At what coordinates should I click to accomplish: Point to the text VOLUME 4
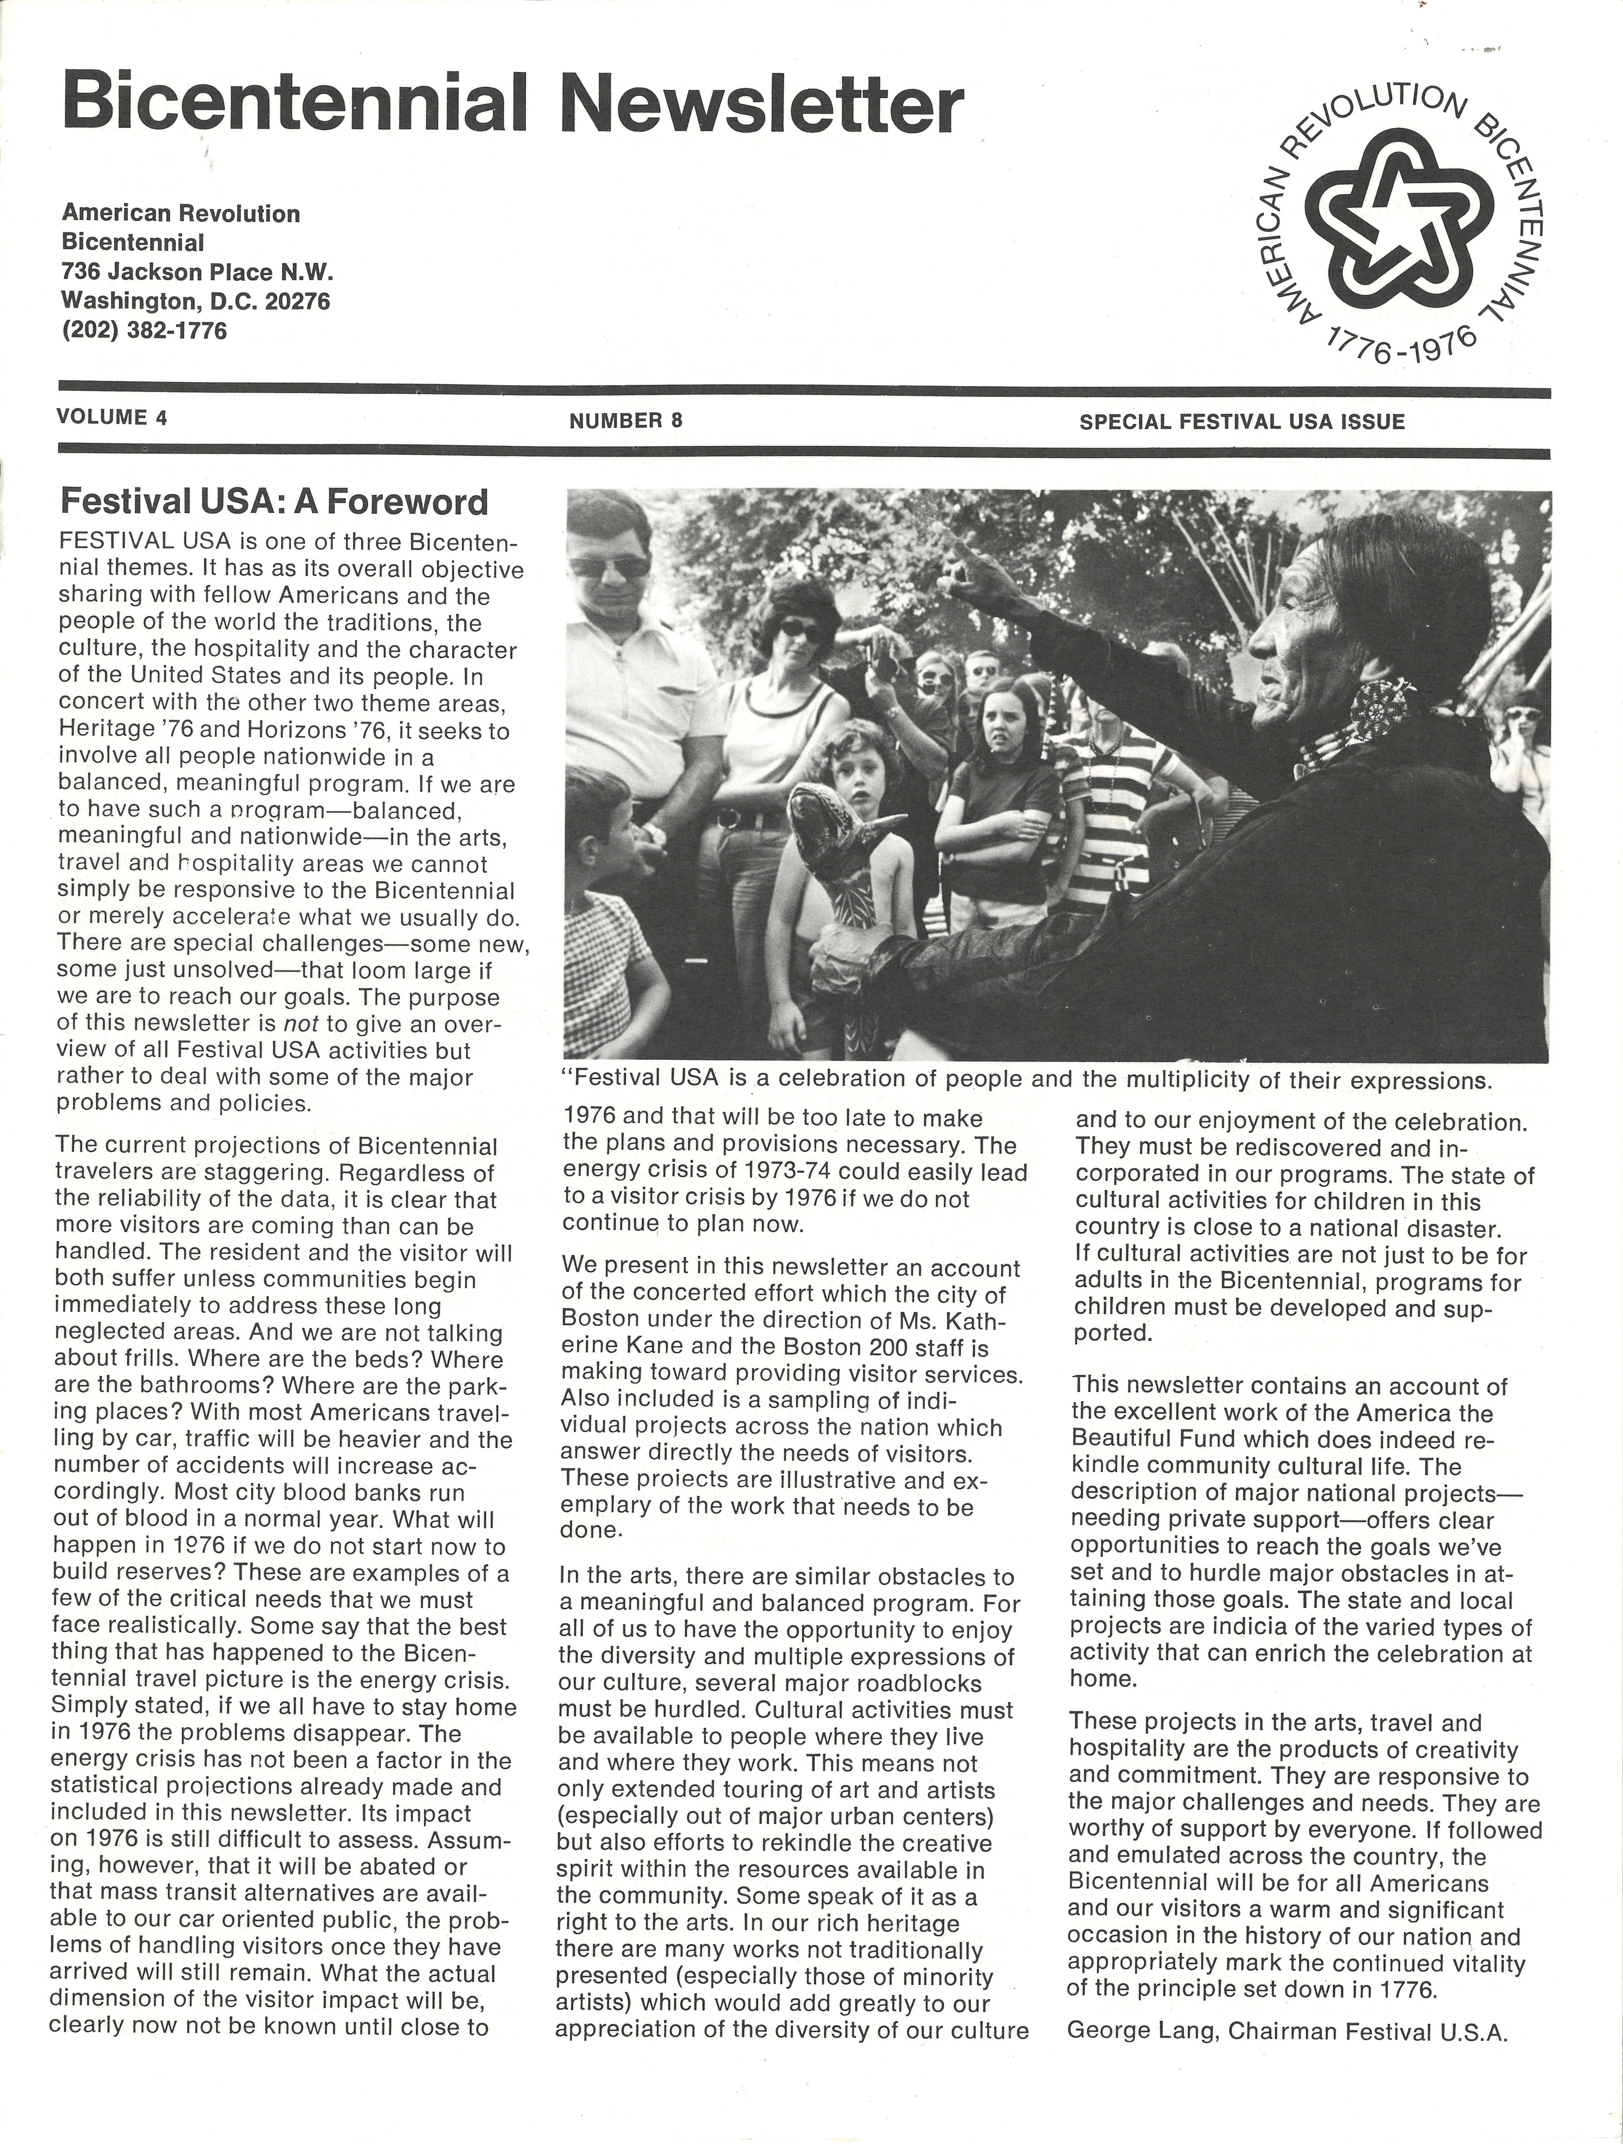112,418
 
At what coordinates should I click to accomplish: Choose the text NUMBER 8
626,421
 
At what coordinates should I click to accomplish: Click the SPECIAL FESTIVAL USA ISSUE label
1241,422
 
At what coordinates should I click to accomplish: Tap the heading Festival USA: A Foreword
274,502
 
